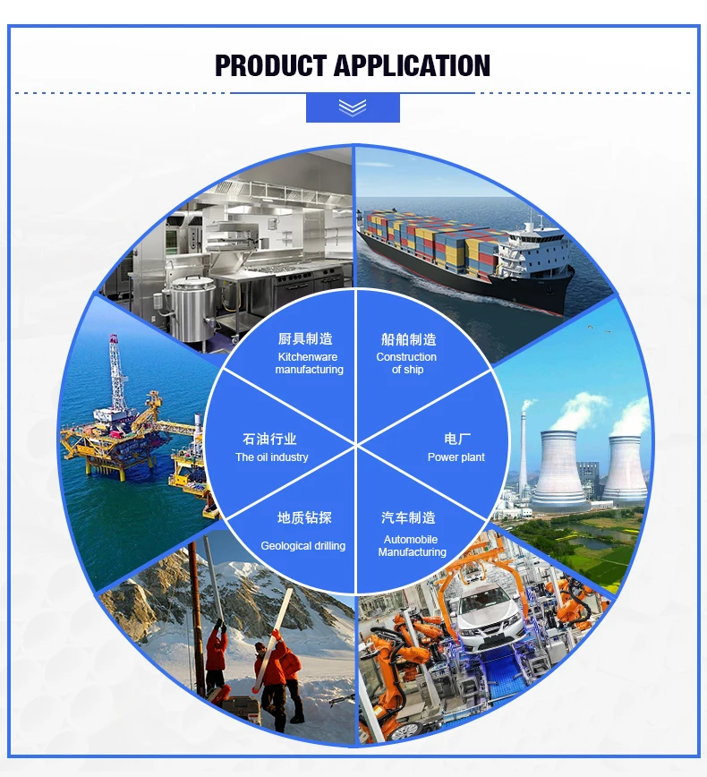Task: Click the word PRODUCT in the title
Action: coord(270,66)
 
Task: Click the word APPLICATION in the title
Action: coord(412,66)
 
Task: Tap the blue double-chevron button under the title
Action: coord(353,107)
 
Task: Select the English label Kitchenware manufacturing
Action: coord(309,363)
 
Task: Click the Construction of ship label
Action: coord(406,363)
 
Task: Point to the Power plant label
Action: coord(456,457)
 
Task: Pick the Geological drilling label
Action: coord(302,546)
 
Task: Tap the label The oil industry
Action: coord(271,457)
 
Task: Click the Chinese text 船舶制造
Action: coord(408,339)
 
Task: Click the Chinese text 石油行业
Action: coord(269,439)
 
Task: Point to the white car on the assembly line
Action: coord(483,610)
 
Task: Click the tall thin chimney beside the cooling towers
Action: coord(524,448)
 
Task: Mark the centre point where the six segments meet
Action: coord(356,443)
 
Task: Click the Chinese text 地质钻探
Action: coord(304,518)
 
